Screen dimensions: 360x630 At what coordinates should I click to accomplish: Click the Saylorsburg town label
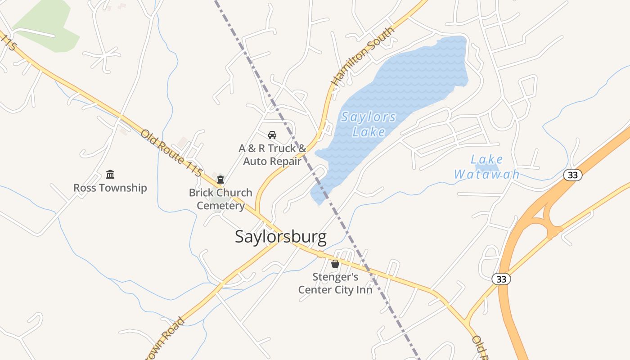(x=280, y=237)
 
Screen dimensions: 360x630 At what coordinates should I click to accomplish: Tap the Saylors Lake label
(x=369, y=124)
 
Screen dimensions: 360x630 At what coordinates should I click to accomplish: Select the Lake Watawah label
(x=486, y=167)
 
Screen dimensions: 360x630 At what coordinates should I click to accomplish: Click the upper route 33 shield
(x=572, y=175)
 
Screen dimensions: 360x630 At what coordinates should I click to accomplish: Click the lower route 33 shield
(x=501, y=279)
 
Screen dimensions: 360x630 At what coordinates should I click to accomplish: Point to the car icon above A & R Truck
(x=272, y=135)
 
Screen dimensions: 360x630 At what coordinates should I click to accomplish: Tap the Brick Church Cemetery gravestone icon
(x=220, y=180)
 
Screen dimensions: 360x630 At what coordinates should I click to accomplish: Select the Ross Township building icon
(x=110, y=174)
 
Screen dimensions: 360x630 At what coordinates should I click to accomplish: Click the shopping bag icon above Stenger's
(x=335, y=264)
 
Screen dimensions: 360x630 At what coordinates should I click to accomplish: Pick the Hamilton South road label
(x=363, y=56)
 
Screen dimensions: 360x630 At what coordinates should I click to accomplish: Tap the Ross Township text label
(x=110, y=188)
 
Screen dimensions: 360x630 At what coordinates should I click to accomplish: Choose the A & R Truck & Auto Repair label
(x=272, y=154)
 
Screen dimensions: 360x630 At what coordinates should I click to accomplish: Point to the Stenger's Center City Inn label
(x=335, y=283)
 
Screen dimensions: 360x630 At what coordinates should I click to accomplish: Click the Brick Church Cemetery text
(x=220, y=199)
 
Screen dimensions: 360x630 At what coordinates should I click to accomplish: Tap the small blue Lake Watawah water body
(x=493, y=167)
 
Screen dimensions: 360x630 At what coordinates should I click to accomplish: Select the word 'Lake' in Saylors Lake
(x=369, y=131)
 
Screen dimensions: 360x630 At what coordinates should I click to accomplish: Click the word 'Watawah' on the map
(x=486, y=174)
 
